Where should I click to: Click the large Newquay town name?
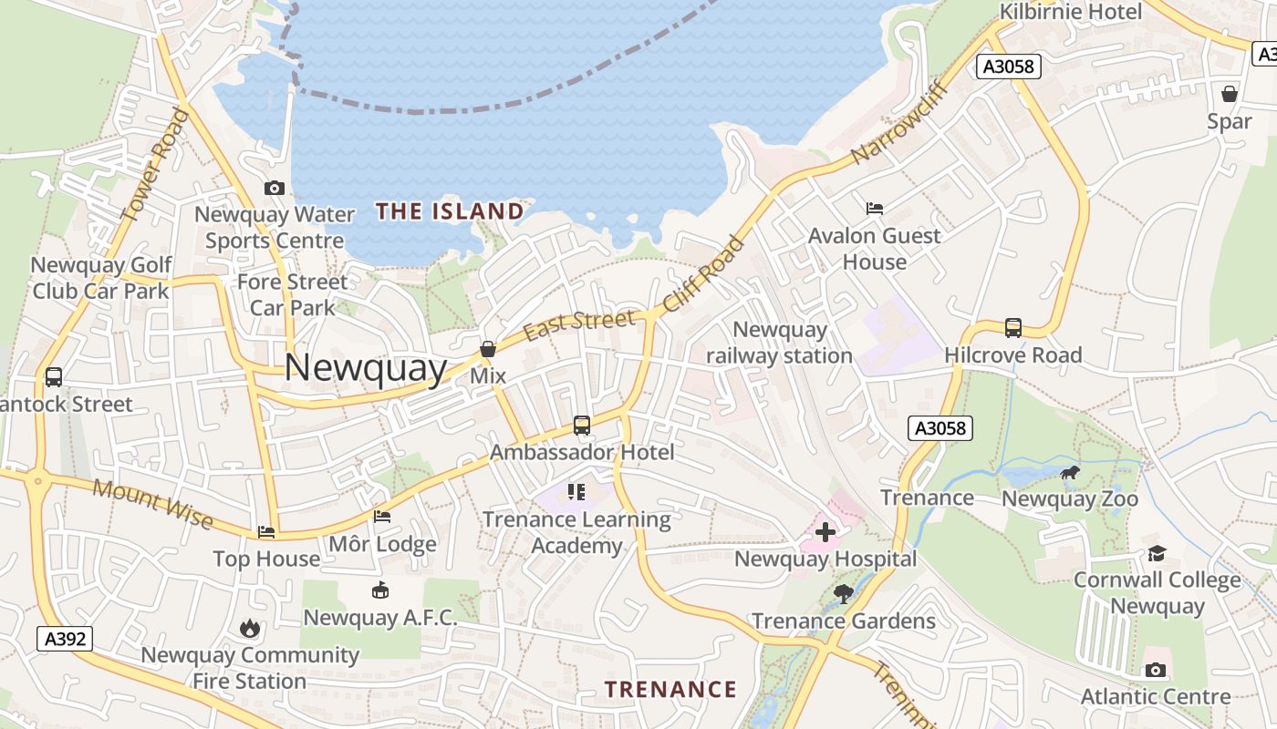coord(366,368)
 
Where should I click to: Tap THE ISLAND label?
coord(450,212)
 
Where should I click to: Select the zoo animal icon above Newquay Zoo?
coord(1070,472)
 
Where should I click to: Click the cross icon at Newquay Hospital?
coord(825,532)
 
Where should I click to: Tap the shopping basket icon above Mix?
coord(488,349)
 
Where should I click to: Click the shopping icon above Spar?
coord(1230,94)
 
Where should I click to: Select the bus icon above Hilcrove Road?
coord(1012,328)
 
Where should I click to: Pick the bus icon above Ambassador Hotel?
coord(581,426)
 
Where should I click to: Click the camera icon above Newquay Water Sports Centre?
coord(275,189)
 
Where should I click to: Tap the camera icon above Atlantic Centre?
coord(1156,671)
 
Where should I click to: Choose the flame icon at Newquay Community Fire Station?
coord(249,628)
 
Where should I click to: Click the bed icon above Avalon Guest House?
coord(874,209)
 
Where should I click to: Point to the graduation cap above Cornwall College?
coord(1157,553)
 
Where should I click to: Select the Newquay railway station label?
coord(780,343)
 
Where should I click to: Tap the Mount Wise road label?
coord(153,504)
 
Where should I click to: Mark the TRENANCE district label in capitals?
coord(670,689)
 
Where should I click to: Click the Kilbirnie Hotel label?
coord(1071,12)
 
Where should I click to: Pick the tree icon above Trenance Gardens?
coord(844,594)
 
